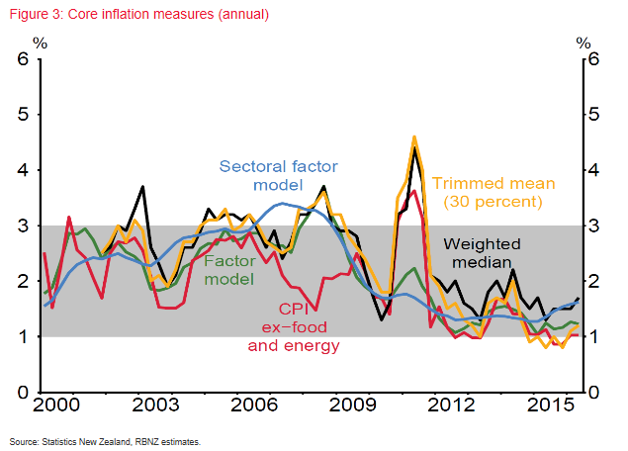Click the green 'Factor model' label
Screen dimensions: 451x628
pyautogui.click(x=228, y=271)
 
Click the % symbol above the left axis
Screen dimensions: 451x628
pyautogui.click(x=40, y=42)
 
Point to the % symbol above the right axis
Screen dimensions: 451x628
pyautogui.click(x=583, y=42)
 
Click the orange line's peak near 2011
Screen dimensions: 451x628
pyautogui.click(x=414, y=138)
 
